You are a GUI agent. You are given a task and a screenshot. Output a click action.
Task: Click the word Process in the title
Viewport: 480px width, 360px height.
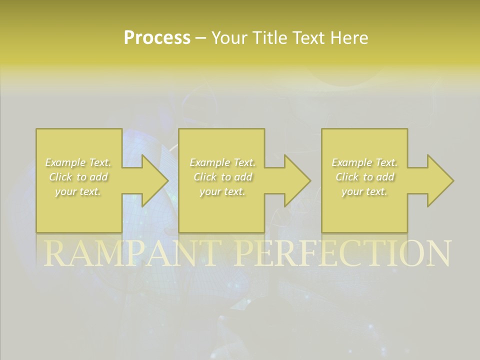point(157,38)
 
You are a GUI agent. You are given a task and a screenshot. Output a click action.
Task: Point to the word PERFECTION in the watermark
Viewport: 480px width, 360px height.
point(342,253)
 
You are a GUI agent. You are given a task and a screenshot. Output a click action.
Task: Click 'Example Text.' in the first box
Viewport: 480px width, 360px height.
point(78,162)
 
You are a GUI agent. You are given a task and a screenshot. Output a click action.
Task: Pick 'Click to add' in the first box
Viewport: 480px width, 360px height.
point(78,177)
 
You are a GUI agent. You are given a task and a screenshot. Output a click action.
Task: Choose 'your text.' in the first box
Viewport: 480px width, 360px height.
point(78,191)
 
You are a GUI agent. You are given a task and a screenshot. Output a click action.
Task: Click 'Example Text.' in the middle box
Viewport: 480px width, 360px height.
point(222,162)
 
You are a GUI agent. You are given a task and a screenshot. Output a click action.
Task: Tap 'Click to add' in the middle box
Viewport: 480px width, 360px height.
point(222,177)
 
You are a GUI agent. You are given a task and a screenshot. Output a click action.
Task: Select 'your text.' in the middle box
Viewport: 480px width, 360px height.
point(222,191)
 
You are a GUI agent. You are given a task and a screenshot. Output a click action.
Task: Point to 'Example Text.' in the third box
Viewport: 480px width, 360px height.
point(364,162)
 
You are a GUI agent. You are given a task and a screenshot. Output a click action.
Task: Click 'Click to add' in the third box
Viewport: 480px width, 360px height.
point(365,177)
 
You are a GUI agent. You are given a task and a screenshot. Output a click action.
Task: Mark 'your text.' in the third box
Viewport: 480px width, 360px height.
point(364,191)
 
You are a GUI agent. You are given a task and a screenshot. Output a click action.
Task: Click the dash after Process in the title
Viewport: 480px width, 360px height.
point(201,38)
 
